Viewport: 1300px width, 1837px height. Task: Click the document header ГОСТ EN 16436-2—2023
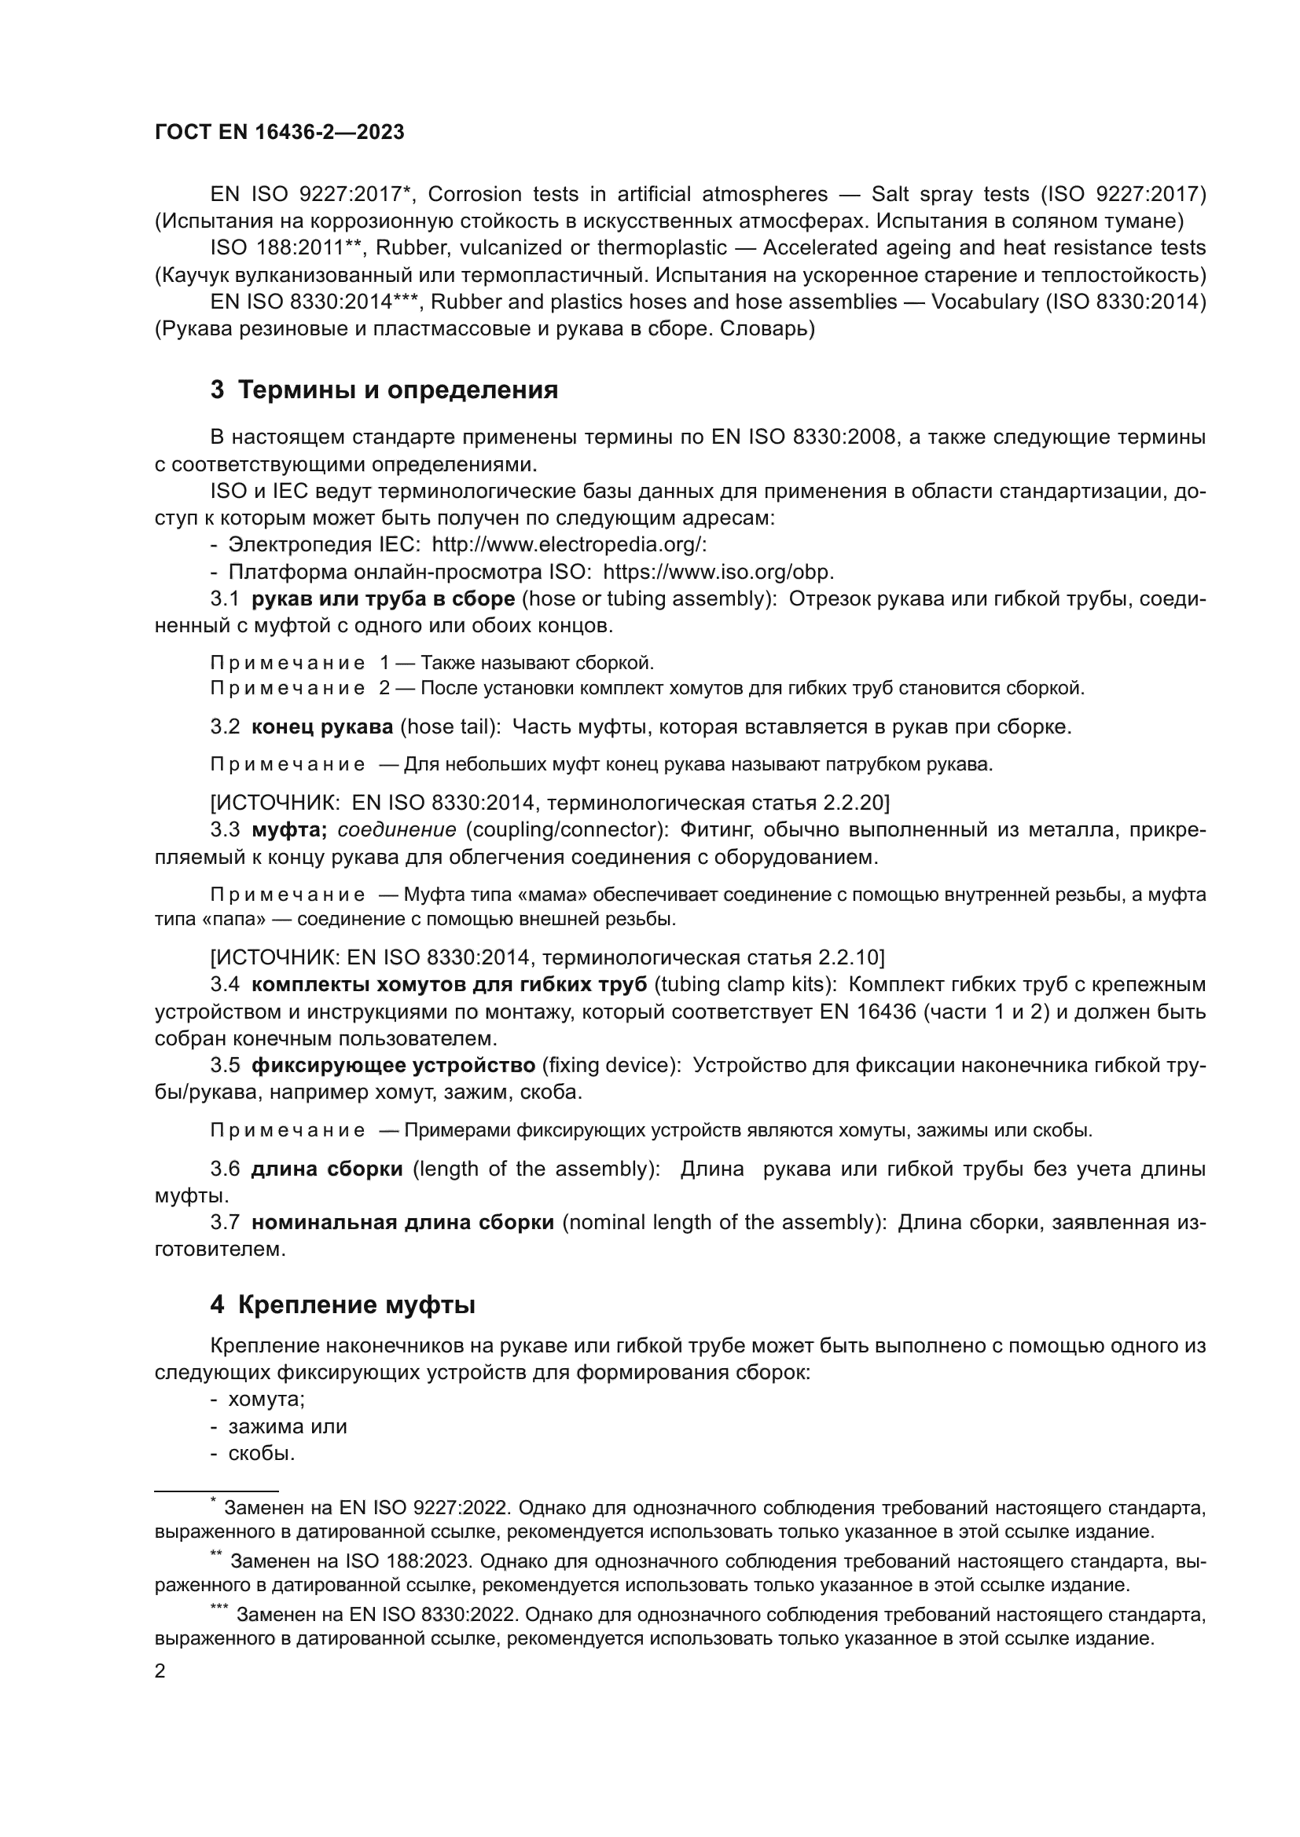tap(279, 133)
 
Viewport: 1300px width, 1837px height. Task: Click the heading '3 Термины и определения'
tap(384, 390)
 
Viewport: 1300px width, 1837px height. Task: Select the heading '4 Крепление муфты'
tap(343, 1305)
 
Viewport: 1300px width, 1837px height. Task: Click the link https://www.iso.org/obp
tap(718, 572)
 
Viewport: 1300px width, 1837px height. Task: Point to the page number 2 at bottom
tap(160, 1671)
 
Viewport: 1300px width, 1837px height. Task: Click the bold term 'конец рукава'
tap(321, 726)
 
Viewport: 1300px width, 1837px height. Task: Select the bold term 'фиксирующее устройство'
tap(393, 1065)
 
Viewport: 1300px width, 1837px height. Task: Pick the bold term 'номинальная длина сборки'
tap(402, 1222)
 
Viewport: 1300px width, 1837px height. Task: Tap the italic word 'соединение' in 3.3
tap(397, 829)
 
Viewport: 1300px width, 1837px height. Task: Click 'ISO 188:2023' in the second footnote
tap(407, 1561)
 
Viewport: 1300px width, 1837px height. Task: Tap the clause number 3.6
tap(225, 1169)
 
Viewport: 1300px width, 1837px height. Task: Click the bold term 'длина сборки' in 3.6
tap(327, 1169)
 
